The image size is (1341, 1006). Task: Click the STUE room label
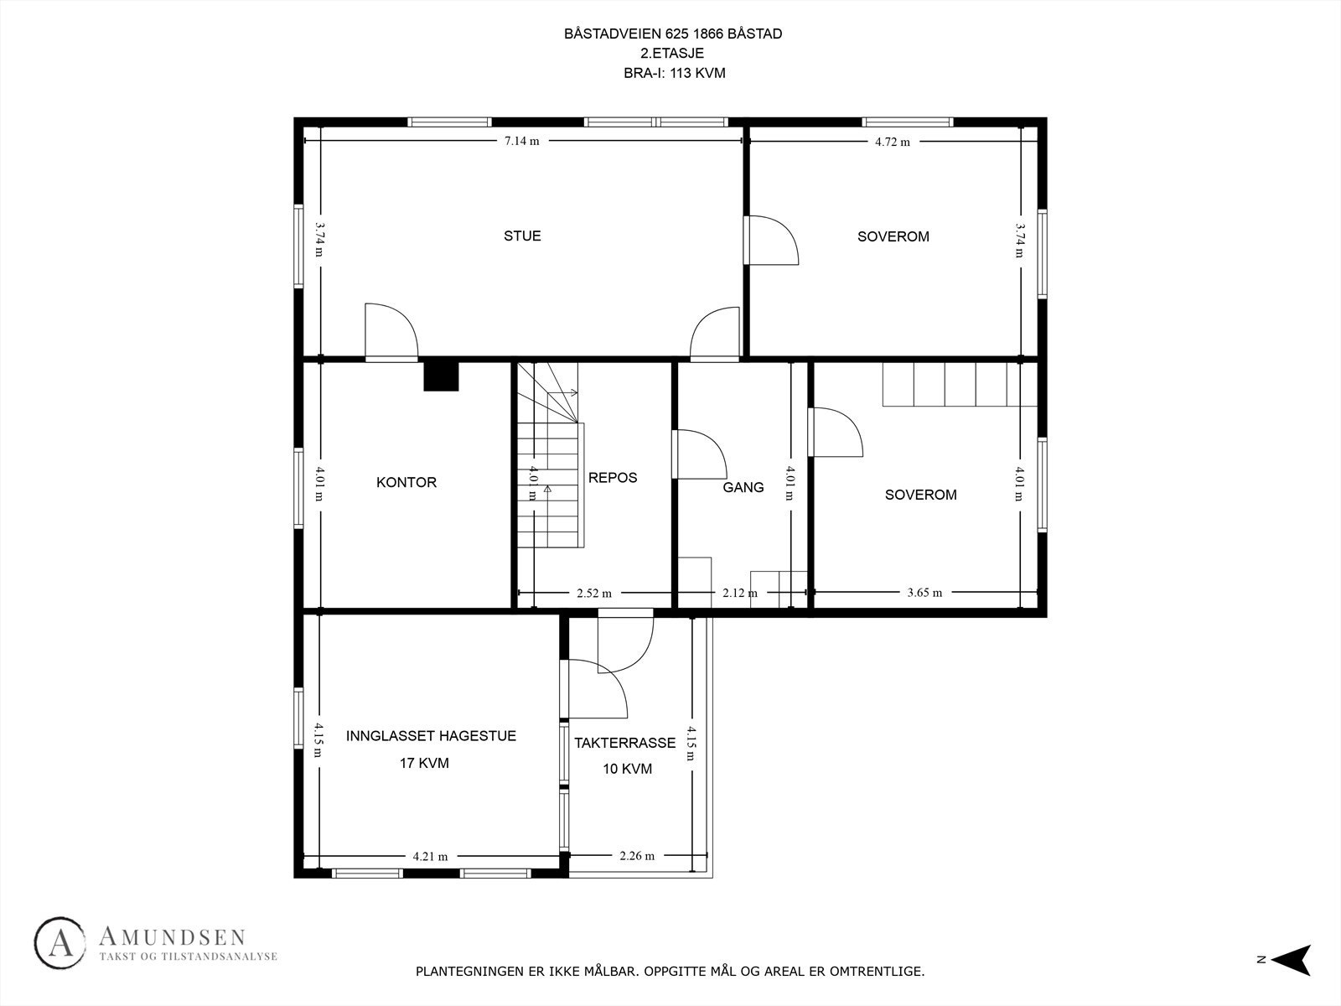522,236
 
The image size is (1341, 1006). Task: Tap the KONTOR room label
406,482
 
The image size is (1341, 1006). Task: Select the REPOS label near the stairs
613,477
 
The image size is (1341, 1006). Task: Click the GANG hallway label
743,487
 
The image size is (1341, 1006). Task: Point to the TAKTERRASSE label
624,743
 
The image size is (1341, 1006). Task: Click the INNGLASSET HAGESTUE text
431,736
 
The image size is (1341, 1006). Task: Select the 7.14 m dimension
521,141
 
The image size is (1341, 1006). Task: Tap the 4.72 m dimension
892,142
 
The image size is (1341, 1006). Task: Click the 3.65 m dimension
924,593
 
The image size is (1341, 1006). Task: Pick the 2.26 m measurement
637,856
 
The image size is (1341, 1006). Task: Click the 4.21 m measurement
430,857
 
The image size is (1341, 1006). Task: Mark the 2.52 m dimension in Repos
593,594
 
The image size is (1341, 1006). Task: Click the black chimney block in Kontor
442,375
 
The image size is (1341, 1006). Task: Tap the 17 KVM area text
424,763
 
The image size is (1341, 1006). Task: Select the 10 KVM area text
627,769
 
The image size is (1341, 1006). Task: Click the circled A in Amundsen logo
60,944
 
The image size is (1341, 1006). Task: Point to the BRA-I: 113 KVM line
674,73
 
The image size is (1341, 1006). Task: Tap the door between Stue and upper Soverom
769,241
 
